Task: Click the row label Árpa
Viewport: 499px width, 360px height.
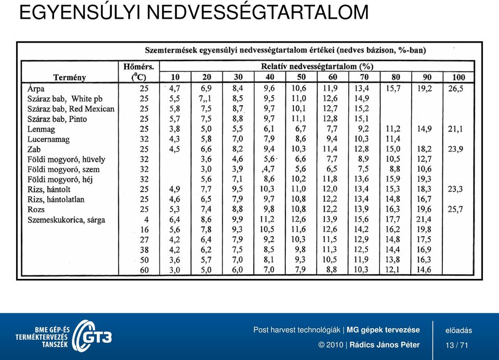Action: (x=36, y=88)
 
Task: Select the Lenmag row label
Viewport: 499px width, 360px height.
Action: (x=41, y=130)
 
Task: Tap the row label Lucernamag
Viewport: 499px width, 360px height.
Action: (x=48, y=139)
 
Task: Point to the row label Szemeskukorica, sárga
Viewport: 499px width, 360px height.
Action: (x=66, y=220)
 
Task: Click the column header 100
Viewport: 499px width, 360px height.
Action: (x=458, y=77)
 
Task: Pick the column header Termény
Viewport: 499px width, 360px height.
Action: (x=70, y=78)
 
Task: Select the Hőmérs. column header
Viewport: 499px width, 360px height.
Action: (x=139, y=67)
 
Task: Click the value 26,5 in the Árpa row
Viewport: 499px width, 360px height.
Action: (x=456, y=88)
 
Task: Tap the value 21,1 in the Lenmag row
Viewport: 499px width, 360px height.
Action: (x=455, y=129)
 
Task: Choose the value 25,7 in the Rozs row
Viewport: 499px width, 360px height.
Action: (x=455, y=209)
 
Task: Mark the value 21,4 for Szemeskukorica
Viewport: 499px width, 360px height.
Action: (x=424, y=219)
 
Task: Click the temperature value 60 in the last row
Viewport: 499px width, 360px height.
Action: (x=144, y=270)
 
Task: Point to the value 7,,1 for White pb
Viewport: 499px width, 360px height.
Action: (x=205, y=98)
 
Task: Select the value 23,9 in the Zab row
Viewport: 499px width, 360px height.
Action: (x=455, y=149)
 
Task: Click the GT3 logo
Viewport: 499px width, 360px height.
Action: (x=93, y=336)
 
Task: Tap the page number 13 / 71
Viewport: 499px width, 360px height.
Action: (x=457, y=345)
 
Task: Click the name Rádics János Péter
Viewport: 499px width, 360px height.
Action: (x=385, y=345)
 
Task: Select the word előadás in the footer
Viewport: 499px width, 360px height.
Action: (x=458, y=330)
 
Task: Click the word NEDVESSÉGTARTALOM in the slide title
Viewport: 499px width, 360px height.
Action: (x=257, y=12)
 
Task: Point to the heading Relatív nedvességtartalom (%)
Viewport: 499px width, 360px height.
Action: (x=317, y=67)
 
